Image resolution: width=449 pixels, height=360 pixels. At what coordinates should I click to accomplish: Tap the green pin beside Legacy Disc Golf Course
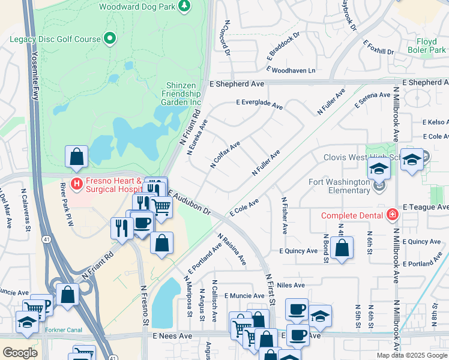pos(109,40)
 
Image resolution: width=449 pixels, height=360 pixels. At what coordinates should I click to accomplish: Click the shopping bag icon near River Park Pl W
pos(77,158)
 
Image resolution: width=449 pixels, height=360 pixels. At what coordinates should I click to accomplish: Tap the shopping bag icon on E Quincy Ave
pos(342,248)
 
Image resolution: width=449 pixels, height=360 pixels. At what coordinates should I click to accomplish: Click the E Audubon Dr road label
pos(190,203)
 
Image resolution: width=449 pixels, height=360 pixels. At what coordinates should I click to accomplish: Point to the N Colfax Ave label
pos(226,154)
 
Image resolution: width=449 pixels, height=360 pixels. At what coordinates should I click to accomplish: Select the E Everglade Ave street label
pos(259,104)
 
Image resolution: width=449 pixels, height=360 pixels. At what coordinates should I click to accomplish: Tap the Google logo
pos(20,353)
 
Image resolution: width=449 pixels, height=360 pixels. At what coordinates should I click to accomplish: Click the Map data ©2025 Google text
pos(411,355)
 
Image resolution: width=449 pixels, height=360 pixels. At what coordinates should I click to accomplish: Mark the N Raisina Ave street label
pos(232,250)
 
